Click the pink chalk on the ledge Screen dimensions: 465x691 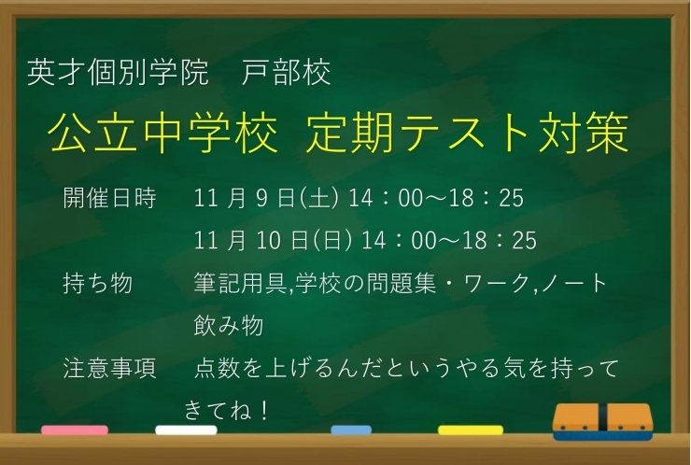click(x=75, y=430)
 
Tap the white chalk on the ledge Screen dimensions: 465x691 click(x=186, y=430)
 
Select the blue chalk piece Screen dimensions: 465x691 click(x=351, y=430)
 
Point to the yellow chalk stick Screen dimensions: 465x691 click(x=471, y=430)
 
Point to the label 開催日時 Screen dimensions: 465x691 click(x=109, y=199)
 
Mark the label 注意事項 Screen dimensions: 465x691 click(x=109, y=369)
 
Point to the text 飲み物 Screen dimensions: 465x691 click(x=228, y=326)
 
